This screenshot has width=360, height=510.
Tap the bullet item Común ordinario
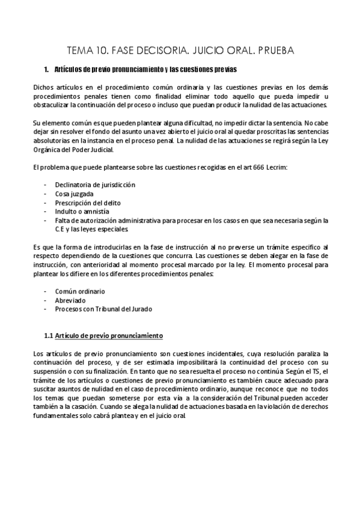click(x=80, y=290)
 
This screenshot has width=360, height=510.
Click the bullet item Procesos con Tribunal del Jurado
click(x=103, y=309)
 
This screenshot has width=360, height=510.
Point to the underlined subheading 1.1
click(x=103, y=335)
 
